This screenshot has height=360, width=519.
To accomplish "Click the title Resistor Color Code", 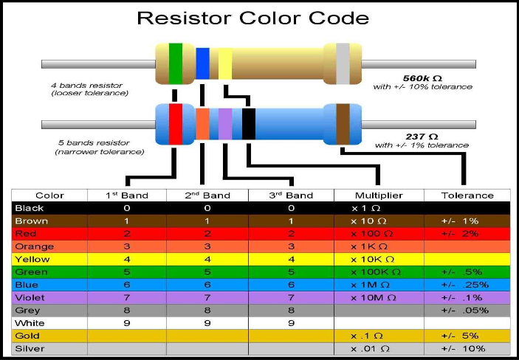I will tap(259, 18).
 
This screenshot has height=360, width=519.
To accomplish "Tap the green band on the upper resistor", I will tap(176, 62).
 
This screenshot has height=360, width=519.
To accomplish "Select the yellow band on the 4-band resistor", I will tap(225, 63).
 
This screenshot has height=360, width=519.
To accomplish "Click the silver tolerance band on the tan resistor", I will tap(343, 62).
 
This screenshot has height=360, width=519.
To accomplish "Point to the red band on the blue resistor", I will tap(176, 122).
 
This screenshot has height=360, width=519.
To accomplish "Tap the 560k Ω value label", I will tap(422, 77).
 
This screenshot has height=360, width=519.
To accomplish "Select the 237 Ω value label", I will tap(422, 136).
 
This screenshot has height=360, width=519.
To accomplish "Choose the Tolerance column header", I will tap(467, 195).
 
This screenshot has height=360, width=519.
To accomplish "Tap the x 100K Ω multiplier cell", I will tap(376, 272).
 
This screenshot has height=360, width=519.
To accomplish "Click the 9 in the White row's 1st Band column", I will tap(126, 322).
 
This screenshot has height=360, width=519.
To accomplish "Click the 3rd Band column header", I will tap(291, 195).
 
